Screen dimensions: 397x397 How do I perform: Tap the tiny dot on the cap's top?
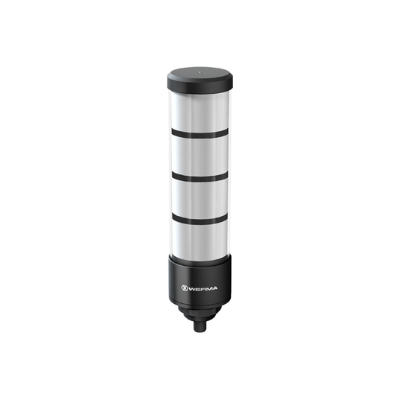[199, 72]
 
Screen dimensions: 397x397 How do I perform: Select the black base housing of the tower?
[199, 272]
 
